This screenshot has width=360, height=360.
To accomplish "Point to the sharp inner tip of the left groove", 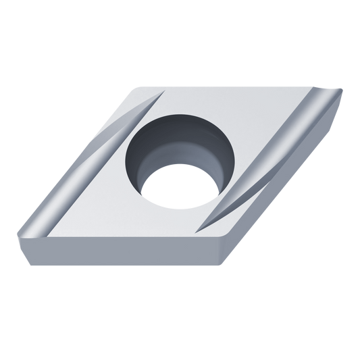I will click(163, 95).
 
